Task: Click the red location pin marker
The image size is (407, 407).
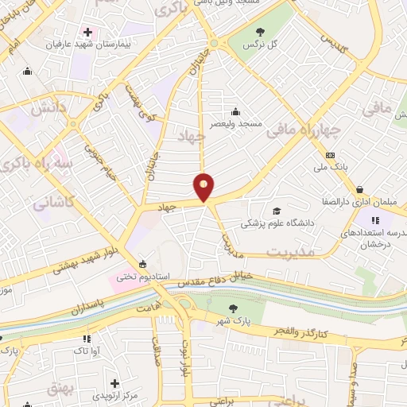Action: point(204,186)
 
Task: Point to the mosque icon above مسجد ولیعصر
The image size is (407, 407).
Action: point(235,111)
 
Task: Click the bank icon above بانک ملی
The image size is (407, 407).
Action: point(331,156)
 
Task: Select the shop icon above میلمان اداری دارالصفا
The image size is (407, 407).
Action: point(360,189)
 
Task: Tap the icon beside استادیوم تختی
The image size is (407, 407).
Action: point(142,265)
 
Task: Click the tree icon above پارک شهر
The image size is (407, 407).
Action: point(232,308)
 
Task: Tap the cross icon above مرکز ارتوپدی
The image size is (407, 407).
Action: point(116,383)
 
